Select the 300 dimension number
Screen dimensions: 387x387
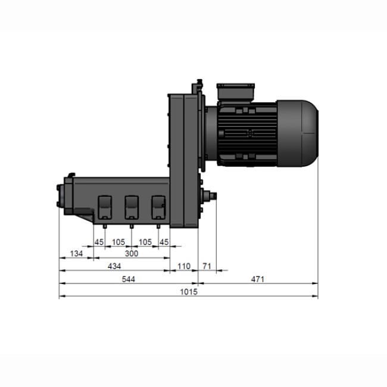pyautogui.click(x=132, y=254)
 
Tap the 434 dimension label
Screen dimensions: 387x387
pyautogui.click(x=114, y=266)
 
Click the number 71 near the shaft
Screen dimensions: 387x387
pyautogui.click(x=207, y=266)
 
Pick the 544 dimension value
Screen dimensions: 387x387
pyautogui.click(x=129, y=279)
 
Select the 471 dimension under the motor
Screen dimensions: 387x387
pyautogui.click(x=257, y=279)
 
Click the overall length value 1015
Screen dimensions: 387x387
pyautogui.click(x=188, y=292)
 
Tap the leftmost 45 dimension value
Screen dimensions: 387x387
pyautogui.click(x=99, y=242)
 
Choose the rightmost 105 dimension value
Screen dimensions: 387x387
pyautogui.click(x=145, y=242)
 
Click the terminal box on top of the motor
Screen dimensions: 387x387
pyautogui.click(x=237, y=93)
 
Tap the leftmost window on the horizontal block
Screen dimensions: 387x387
pyautogui.click(x=104, y=207)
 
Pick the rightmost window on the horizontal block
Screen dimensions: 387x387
pyautogui.click(x=158, y=207)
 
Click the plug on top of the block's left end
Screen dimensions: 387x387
pyautogui.click(x=71, y=174)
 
